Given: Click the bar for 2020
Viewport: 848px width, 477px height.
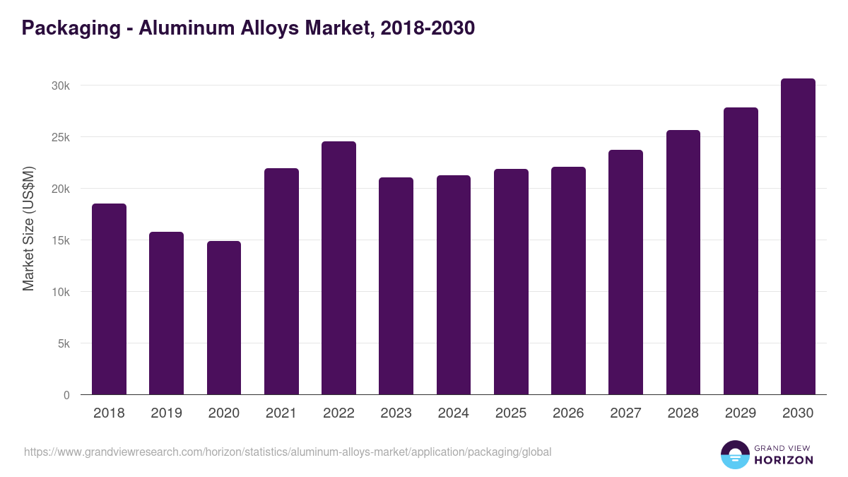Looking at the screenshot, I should [224, 318].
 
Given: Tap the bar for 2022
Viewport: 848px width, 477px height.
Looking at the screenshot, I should [338, 268].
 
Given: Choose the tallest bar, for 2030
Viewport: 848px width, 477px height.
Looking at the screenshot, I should [798, 237].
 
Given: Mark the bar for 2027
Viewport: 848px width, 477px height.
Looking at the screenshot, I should [625, 272].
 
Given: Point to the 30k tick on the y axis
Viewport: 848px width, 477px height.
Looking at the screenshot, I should [61, 86].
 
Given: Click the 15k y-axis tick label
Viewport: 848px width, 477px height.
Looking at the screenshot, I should [61, 240].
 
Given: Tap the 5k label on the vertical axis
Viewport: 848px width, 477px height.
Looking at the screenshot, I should [64, 344].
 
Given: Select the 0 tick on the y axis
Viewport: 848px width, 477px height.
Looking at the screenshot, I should [66, 396].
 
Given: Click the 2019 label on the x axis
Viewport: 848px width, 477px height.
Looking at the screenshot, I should [166, 413].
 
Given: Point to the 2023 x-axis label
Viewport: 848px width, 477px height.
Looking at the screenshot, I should [396, 413].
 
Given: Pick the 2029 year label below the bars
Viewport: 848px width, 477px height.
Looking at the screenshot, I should [741, 413].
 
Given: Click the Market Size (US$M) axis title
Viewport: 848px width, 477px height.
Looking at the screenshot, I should [28, 229].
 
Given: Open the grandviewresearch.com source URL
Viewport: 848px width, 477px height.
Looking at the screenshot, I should [288, 452].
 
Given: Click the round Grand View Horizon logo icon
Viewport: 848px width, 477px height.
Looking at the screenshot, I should [734, 454].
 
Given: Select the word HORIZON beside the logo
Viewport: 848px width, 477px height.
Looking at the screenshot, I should [784, 460].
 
